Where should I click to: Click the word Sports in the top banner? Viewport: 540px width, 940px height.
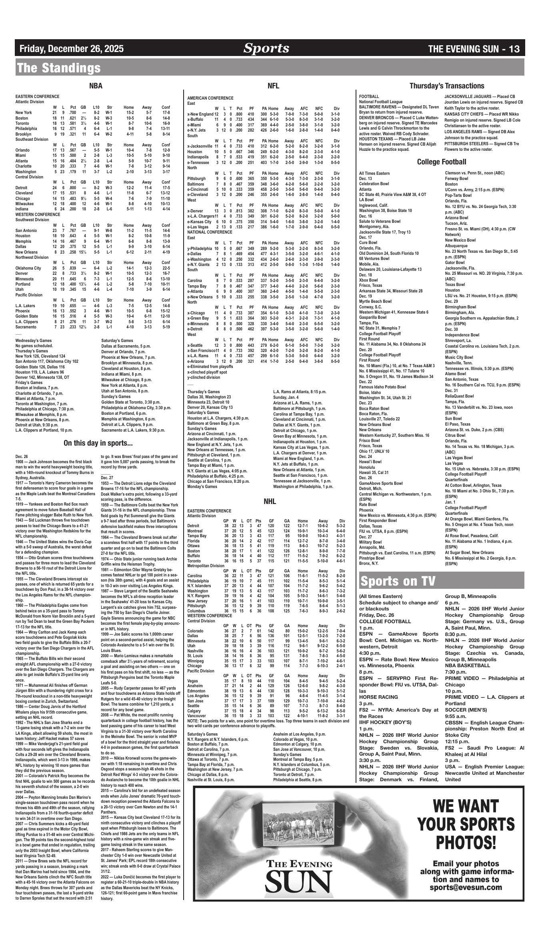(266, 48)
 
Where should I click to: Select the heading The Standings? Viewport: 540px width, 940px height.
(58, 68)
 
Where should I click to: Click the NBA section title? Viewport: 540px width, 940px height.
(96, 86)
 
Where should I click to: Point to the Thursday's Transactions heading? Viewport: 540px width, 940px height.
(446, 86)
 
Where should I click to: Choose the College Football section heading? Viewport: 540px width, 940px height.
(442, 162)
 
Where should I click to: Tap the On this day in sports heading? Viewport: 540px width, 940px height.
(98, 443)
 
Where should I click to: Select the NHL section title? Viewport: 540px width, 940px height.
(270, 501)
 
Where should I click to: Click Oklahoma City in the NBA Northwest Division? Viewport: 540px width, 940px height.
(28, 268)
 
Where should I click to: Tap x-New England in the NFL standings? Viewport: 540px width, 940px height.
(200, 114)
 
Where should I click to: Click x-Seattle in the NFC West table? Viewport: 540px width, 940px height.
(196, 345)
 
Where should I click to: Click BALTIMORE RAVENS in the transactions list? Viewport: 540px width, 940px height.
(378, 107)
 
